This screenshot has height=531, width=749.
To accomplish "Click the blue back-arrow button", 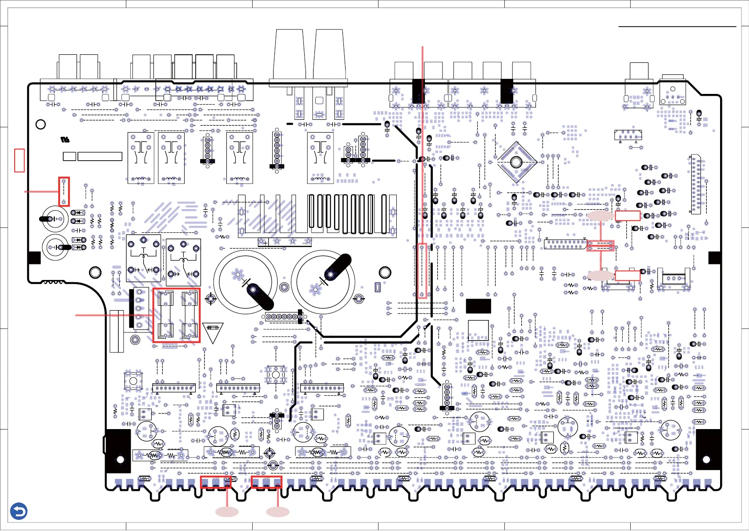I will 19,511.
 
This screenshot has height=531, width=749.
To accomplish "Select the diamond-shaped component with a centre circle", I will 516,162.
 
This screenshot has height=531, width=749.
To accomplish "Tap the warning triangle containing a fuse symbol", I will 213,332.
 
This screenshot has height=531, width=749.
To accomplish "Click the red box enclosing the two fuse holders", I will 177,315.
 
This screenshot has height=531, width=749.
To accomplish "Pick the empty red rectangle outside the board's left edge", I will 20,160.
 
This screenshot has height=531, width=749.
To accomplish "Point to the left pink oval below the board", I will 227,512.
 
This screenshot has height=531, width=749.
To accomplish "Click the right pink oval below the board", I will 278,512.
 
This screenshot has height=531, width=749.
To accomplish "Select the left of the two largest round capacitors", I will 246,282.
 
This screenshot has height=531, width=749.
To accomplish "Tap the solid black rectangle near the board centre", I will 479,306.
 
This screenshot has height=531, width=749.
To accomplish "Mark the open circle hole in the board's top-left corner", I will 40,124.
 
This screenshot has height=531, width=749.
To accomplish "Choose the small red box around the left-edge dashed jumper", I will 64,191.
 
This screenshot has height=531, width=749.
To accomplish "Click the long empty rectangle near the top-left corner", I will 100,156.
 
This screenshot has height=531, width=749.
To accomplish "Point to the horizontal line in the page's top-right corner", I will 677,27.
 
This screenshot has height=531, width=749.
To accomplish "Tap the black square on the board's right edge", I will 714,258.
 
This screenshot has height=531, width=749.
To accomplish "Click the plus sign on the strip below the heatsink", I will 266,243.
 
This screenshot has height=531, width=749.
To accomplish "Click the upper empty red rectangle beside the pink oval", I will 628,216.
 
